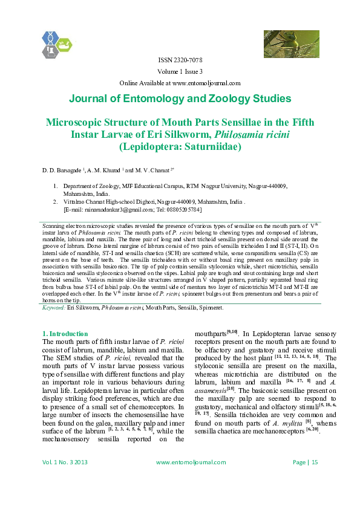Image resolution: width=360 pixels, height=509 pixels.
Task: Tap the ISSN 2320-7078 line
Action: [x=180, y=60]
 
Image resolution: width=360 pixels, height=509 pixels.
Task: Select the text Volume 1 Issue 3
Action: [x=180, y=72]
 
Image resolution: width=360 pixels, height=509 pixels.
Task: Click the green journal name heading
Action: [x=180, y=99]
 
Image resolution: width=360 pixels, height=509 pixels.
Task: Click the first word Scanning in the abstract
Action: [x=52, y=224]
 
